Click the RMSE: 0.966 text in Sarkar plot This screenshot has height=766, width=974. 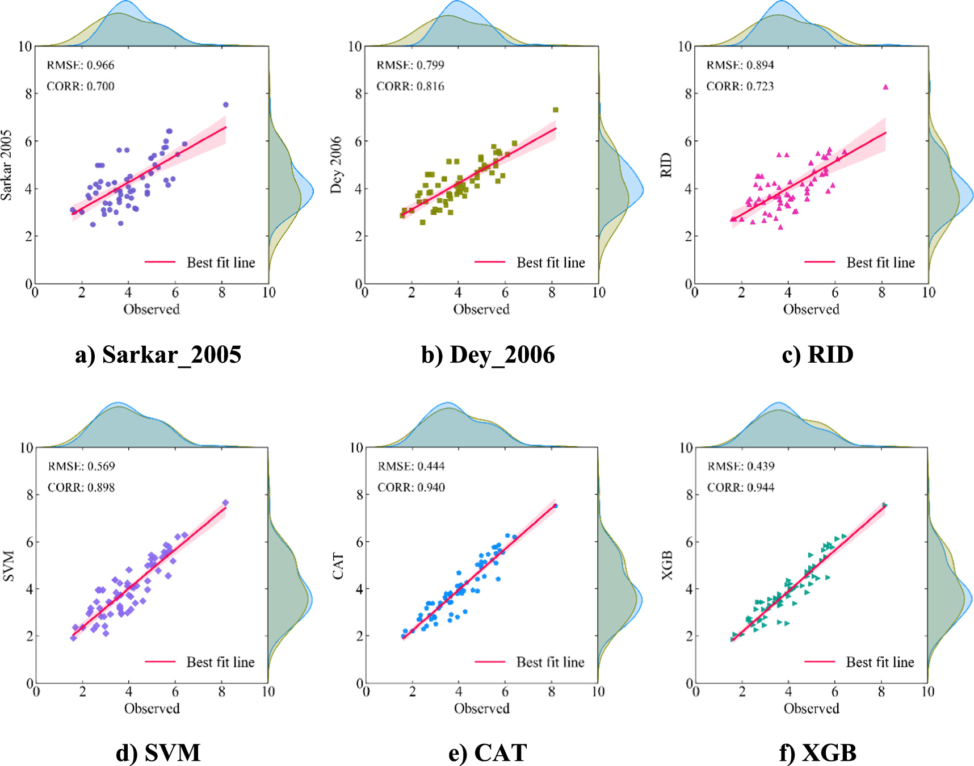click(81, 65)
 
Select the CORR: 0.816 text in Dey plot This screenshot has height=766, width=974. click(410, 86)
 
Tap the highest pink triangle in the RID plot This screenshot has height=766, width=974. click(885, 87)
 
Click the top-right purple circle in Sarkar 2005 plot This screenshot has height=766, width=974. click(225, 104)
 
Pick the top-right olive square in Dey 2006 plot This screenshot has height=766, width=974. click(556, 110)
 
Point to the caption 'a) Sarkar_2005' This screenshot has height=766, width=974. click(158, 355)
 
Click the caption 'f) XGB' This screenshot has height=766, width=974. click(817, 753)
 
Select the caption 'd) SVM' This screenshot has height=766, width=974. click(158, 753)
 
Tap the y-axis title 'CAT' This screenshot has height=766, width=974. click(339, 566)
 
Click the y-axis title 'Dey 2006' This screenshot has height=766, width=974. click(337, 165)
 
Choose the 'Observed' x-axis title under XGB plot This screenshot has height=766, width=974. click(811, 708)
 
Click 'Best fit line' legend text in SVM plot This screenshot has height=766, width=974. click(220, 662)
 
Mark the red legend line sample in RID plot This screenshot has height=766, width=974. click(820, 262)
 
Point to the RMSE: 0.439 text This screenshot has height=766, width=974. click(741, 466)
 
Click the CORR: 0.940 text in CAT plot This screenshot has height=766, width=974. click(411, 487)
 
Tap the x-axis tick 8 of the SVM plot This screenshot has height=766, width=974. click(221, 692)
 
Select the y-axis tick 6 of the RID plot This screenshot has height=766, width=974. click(688, 141)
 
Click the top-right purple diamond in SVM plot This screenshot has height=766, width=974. click(225, 503)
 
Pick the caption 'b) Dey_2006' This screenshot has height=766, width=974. click(488, 355)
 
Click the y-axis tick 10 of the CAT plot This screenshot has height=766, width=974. click(356, 448)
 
